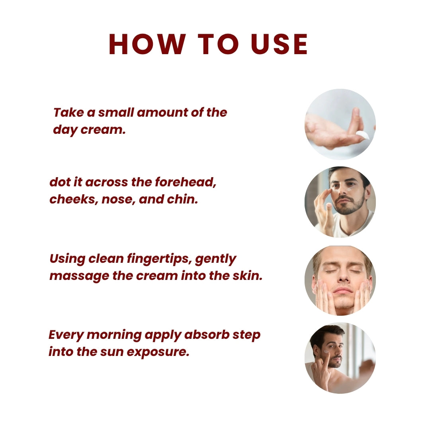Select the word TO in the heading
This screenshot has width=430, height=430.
point(215,44)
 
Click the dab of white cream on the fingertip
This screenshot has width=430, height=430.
point(363,135)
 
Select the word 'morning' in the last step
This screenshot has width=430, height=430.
point(113,335)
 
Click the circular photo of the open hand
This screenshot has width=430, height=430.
point(340,124)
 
